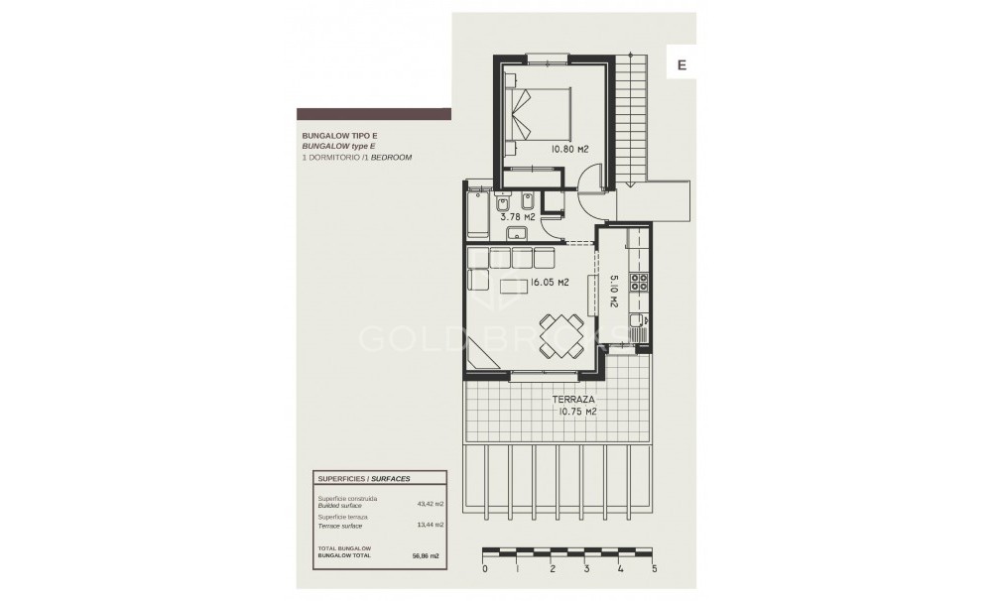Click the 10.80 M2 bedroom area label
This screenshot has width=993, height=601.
click(x=568, y=149)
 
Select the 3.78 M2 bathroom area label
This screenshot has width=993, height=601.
click(x=517, y=215)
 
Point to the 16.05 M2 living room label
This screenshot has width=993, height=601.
click(x=549, y=283)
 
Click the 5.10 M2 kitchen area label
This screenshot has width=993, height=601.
click(x=614, y=291)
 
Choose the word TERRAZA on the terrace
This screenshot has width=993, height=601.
click(x=572, y=401)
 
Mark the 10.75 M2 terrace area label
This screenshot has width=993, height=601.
click(x=576, y=414)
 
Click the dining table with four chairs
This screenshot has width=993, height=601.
click(x=561, y=334)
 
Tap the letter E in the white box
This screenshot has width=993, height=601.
click(x=682, y=64)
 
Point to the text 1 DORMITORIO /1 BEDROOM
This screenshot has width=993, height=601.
click(x=356, y=158)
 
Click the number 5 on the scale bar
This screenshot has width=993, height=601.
click(x=655, y=570)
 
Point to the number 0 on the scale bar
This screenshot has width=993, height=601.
click(x=484, y=570)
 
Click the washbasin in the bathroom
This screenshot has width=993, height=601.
click(x=516, y=234)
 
